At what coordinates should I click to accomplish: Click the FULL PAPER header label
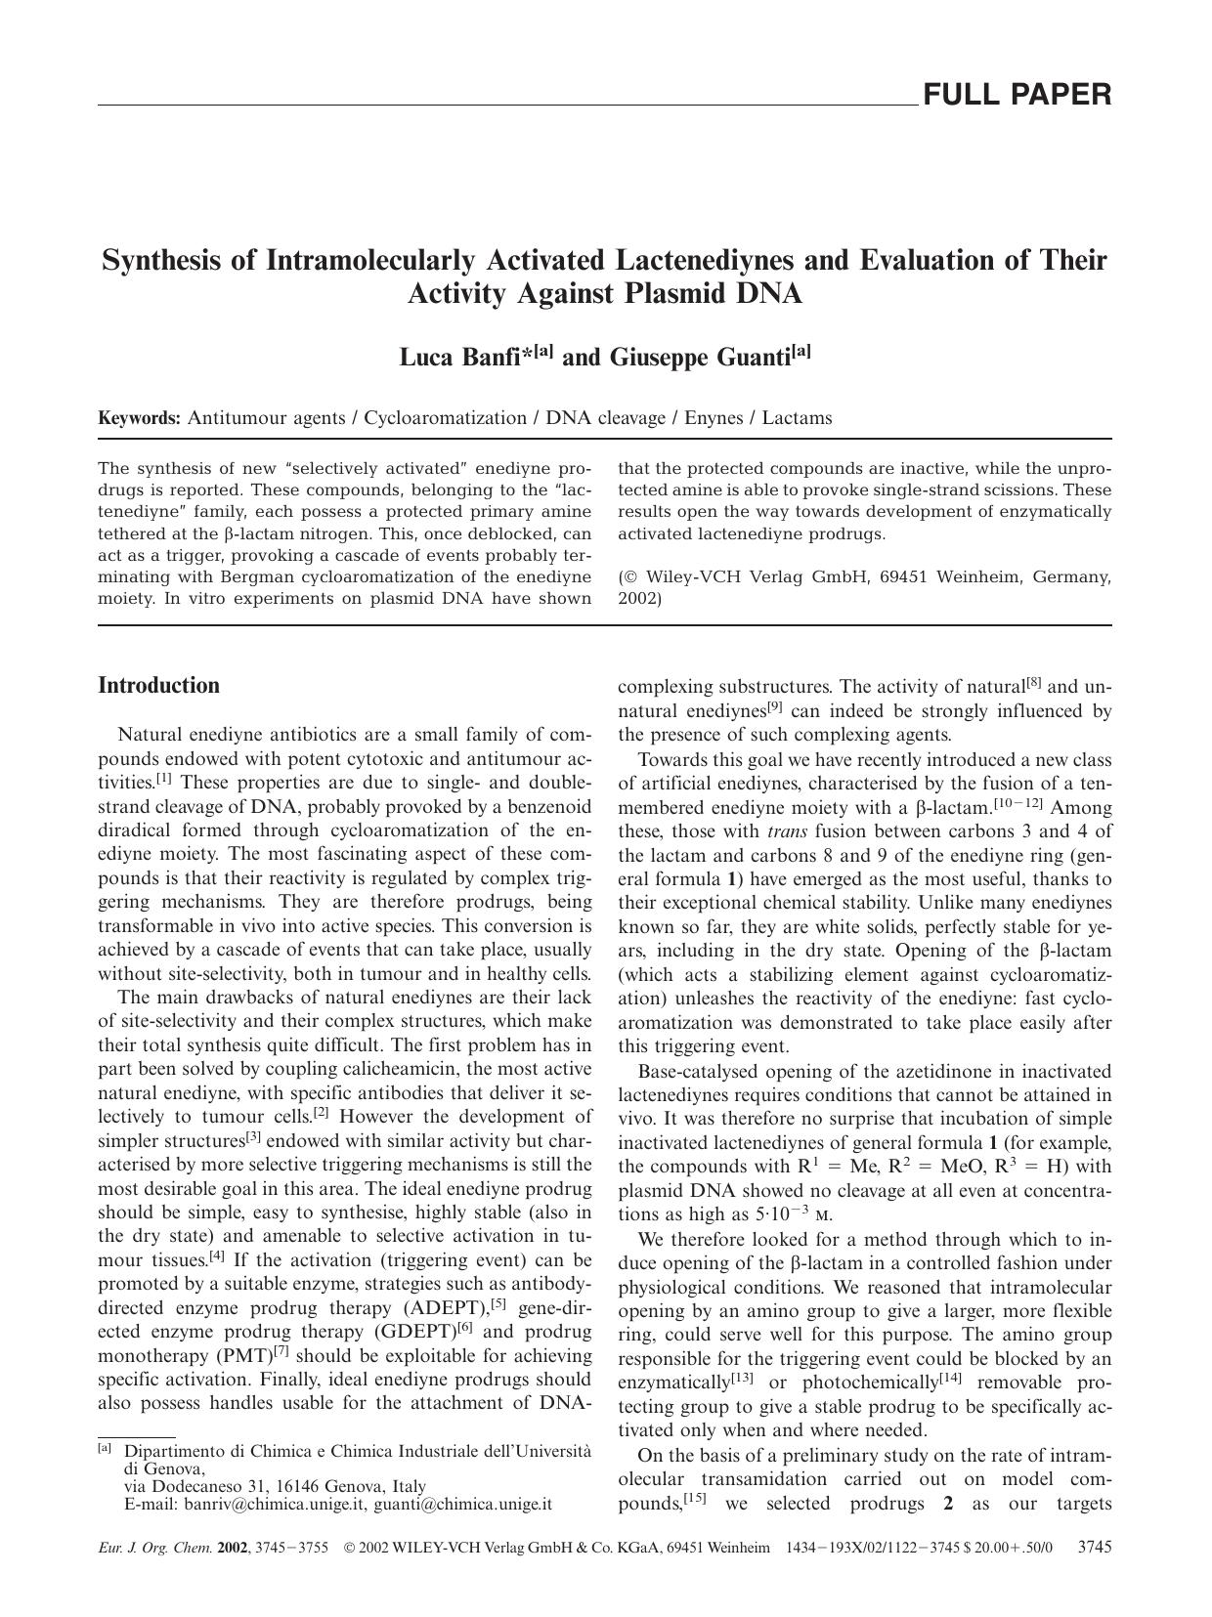pyautogui.click(x=1017, y=95)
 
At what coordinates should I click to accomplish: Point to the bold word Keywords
pyautogui.click(x=139, y=418)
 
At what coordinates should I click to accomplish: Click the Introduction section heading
pyautogui.click(x=159, y=685)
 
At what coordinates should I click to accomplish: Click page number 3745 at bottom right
pyautogui.click(x=1093, y=1548)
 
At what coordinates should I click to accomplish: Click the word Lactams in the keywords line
pyautogui.click(x=797, y=418)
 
